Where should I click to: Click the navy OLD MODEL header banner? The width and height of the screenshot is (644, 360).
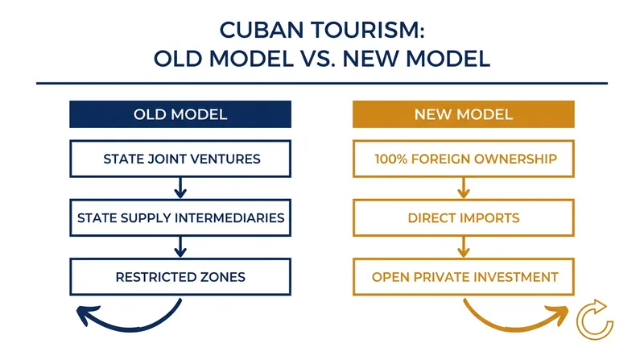180,114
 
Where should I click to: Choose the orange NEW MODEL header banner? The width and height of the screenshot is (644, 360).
464,114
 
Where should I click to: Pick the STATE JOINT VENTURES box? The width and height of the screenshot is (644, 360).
180,159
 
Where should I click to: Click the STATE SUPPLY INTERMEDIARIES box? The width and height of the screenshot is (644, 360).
180,217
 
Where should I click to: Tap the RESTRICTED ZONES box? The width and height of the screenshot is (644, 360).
180,277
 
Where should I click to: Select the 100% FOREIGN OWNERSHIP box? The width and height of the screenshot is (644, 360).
464,159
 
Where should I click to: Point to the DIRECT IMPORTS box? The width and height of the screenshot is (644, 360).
464,217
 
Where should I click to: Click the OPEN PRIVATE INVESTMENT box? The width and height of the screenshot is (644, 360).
464,277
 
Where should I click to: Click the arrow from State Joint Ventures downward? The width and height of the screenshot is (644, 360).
180,188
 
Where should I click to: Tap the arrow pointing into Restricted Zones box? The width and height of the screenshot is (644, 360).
180,247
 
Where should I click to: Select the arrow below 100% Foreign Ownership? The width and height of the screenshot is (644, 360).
464,188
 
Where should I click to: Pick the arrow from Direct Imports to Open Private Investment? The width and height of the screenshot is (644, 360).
464,247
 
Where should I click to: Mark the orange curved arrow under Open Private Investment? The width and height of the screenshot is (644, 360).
514,329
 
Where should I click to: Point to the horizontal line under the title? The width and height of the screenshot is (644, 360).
321,84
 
